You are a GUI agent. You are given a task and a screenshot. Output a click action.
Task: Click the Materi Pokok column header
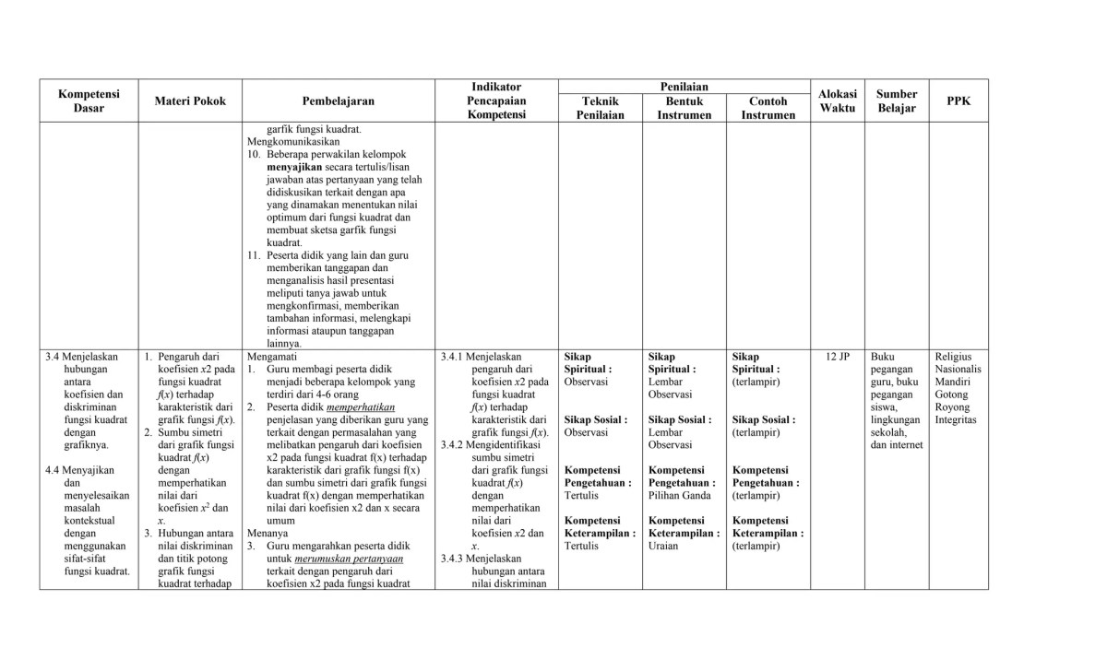[190, 101]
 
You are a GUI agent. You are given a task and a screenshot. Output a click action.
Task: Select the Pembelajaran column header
[338, 101]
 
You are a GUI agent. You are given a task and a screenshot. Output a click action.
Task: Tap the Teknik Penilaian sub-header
[601, 108]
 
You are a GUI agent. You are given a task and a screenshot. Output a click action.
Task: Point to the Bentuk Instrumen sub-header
[684, 108]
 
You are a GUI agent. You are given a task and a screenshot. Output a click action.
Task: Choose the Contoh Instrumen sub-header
[768, 108]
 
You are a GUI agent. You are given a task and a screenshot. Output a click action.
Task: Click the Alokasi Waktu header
[838, 101]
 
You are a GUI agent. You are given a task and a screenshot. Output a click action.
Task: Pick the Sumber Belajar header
[897, 101]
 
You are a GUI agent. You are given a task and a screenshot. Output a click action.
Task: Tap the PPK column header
[958, 101]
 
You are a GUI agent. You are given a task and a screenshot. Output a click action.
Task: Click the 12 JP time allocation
[838, 357]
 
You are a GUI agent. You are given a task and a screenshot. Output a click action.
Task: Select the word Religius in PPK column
[955, 357]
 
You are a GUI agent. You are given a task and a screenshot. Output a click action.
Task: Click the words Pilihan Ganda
[679, 495]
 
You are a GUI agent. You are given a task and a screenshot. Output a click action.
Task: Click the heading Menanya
[268, 533]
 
